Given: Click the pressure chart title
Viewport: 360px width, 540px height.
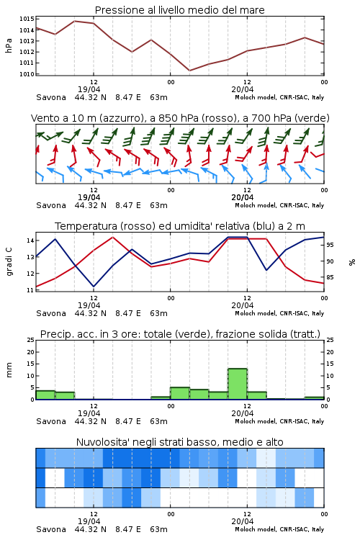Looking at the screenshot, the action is (x=179, y=10).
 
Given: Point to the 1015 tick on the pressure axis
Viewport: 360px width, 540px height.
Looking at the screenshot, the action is (x=27, y=19).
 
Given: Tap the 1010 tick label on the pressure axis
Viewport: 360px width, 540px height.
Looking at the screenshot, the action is (x=27, y=74).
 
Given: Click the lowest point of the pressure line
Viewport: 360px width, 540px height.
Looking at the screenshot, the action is (x=189, y=71).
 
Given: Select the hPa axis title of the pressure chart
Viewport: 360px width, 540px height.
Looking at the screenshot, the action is (x=9, y=45).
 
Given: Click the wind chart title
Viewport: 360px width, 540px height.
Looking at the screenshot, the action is (x=180, y=118).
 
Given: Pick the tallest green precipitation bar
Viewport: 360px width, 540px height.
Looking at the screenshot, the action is (x=238, y=384).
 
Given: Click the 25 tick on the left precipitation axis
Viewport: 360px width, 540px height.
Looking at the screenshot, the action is (x=31, y=340).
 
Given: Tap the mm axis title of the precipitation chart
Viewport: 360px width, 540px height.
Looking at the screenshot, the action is (x=9, y=369).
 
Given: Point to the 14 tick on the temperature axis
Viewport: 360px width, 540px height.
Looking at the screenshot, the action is (x=31, y=240).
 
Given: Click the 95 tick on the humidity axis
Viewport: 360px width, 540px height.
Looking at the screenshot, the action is (x=330, y=245).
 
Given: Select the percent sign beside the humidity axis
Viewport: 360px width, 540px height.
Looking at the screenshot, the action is (x=352, y=262).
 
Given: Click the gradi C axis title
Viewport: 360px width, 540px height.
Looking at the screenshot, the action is (x=9, y=261).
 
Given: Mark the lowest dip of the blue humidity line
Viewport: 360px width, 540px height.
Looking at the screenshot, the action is (x=94, y=287).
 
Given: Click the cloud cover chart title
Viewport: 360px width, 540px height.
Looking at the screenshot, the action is (x=179, y=442).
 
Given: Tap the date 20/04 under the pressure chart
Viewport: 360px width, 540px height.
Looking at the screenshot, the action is (x=242, y=89).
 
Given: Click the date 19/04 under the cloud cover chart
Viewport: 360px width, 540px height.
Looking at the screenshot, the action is (x=89, y=521).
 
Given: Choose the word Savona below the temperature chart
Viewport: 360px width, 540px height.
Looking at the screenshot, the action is (x=51, y=313).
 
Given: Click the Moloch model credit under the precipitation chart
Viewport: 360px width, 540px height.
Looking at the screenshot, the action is (x=279, y=421).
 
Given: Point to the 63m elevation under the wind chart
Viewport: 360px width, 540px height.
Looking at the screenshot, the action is (x=158, y=205).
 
